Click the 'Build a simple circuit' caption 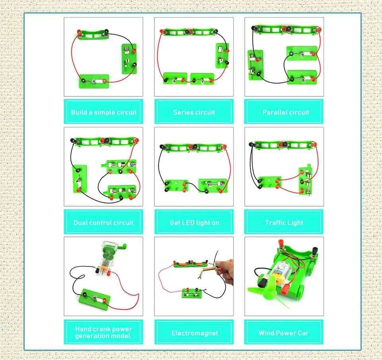pos(104,112)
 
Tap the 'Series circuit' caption pos(194,112)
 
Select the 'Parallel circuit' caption pos(286,112)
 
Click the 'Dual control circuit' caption pos(103,223)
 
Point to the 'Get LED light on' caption pos(195,223)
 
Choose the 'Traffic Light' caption pos(284,223)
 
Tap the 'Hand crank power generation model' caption pos(103,333)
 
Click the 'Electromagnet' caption pos(195,333)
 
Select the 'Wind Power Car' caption pos(284,333)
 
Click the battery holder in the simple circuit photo pos(94,35)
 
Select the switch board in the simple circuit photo pos(129,59)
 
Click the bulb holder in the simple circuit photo pos(94,81)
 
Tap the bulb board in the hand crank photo pos(94,299)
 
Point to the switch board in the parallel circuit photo pos(255,65)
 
